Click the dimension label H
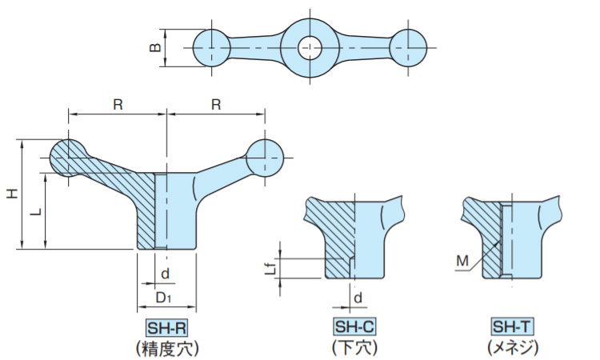pos(11,194)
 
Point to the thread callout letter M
pos(462,261)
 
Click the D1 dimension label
pos(164,298)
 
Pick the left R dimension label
pos(118,105)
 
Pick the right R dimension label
pos(216,105)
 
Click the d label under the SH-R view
pos(165,274)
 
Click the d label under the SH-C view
pos(359,298)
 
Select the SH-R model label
pos(166,327)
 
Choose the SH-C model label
pos(354,327)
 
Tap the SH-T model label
pos(512,327)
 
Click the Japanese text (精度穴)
pos(166,347)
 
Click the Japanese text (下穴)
pos(354,347)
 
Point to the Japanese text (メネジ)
pos(512,347)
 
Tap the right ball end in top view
pos(409,49)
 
